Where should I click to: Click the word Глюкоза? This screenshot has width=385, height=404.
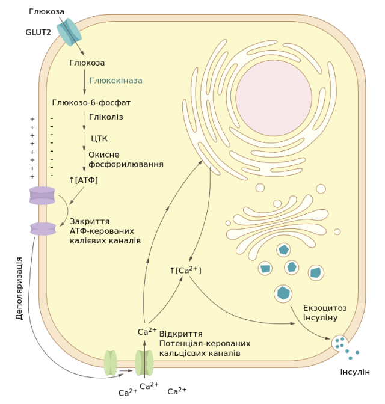87,63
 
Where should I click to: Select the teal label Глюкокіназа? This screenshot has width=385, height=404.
115,80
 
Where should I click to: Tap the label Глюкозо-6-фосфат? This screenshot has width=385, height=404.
91,103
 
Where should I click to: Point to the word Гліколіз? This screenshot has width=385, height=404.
106,117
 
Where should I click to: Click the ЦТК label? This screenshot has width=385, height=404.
99,138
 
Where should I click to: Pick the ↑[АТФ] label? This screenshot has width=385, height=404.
84,180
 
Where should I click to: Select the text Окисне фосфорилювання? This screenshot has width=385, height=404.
126,159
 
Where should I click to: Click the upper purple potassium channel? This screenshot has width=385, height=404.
42,195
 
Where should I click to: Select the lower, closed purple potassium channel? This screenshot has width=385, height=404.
43,228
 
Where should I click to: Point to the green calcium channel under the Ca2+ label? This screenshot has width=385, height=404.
144,363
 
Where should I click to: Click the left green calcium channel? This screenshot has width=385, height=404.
111,363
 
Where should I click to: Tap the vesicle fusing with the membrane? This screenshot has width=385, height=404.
340,344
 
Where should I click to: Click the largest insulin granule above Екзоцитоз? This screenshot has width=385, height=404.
283,293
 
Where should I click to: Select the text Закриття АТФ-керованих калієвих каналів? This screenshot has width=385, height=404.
105,231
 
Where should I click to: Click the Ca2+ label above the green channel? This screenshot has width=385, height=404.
147,331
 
